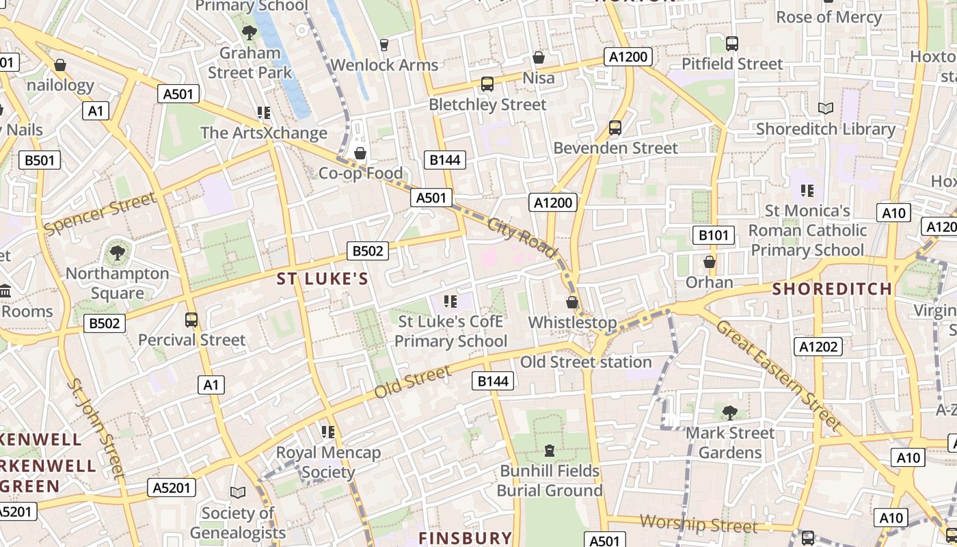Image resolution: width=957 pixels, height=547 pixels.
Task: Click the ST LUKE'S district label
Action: pyautogui.click(x=323, y=279)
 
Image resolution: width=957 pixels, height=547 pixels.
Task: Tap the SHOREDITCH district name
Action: pyautogui.click(x=832, y=289)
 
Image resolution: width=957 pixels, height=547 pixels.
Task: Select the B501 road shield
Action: pyautogui.click(x=39, y=161)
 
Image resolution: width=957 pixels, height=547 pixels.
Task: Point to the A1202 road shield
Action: pyautogui.click(x=818, y=347)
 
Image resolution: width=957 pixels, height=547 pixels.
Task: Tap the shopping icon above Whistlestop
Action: pyautogui.click(x=572, y=302)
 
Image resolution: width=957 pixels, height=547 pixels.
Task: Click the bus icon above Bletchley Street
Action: pyautogui.click(x=487, y=84)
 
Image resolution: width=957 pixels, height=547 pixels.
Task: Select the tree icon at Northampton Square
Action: pyautogui.click(x=118, y=253)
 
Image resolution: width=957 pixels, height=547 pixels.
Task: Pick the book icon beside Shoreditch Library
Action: pyautogui.click(x=826, y=109)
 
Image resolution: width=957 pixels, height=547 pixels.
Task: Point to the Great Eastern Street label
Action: pyautogui.click(x=778, y=375)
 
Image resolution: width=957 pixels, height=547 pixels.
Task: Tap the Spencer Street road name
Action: pyautogui.click(x=100, y=214)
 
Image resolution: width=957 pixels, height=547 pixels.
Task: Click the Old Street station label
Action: pyautogui.click(x=586, y=362)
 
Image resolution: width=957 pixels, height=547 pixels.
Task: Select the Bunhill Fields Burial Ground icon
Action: pyautogui.click(x=550, y=451)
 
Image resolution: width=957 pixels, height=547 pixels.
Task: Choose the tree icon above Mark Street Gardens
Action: pyautogui.click(x=730, y=412)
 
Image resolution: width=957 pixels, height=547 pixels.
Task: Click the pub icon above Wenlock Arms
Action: pyautogui.click(x=383, y=45)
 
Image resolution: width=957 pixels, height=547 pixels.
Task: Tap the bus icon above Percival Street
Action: pyautogui.click(x=191, y=320)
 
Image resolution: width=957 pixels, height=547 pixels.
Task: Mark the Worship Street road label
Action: pyautogui.click(x=699, y=524)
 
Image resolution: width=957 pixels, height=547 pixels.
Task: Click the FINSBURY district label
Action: pyautogui.click(x=465, y=538)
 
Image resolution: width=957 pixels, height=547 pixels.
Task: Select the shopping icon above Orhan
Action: pyautogui.click(x=710, y=262)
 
